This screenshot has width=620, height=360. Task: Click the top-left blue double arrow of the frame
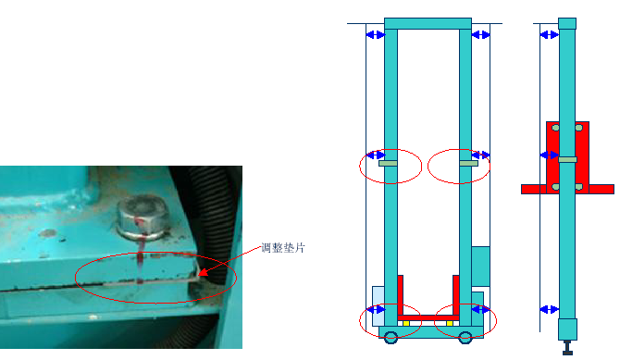(375, 35)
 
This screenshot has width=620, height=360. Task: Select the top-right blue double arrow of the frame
(480, 35)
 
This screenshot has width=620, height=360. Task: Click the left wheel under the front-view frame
(391, 337)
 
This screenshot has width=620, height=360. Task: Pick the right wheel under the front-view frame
(463, 337)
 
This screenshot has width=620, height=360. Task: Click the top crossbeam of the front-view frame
(428, 23)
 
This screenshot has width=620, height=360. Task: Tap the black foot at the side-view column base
(567, 349)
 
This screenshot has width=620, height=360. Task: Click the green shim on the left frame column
(390, 165)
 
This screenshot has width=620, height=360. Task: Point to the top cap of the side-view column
(567, 23)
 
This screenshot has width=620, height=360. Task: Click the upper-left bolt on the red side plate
(554, 127)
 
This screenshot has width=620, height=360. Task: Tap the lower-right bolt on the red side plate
(580, 186)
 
